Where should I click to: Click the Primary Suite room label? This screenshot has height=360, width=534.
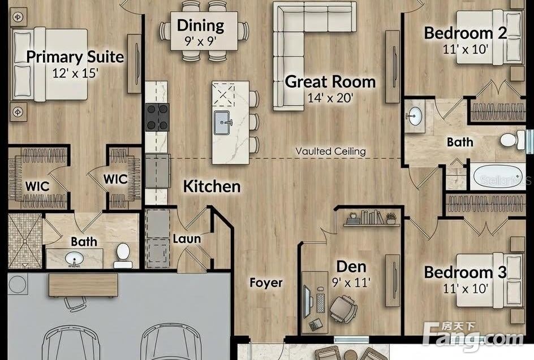(x=75, y=57)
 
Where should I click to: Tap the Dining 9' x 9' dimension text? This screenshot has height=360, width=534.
(x=201, y=41)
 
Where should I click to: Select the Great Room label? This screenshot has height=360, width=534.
(x=330, y=81)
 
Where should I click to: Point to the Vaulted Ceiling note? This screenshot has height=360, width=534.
(x=330, y=151)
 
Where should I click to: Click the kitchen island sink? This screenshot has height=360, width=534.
(x=223, y=123)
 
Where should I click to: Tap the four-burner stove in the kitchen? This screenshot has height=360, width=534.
(x=157, y=117)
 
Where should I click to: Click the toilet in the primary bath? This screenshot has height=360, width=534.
(x=123, y=255)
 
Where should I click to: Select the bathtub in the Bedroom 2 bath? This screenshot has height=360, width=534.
(x=498, y=176)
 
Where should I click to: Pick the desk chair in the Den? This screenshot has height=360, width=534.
(x=343, y=308)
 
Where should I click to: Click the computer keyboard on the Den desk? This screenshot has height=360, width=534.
(x=321, y=303)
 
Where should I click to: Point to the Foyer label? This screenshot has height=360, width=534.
(x=266, y=283)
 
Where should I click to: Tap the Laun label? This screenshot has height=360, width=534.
(x=187, y=238)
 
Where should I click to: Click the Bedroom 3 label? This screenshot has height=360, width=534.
(x=465, y=272)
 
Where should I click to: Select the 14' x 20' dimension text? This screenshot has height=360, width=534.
(x=330, y=98)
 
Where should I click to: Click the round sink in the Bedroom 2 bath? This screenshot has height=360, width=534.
(x=415, y=116)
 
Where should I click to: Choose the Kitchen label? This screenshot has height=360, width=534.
(x=212, y=186)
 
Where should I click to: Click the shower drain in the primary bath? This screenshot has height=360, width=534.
(x=24, y=241)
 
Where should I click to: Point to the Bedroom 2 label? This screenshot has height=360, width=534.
(x=465, y=33)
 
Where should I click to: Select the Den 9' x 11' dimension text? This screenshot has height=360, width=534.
(x=351, y=282)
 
